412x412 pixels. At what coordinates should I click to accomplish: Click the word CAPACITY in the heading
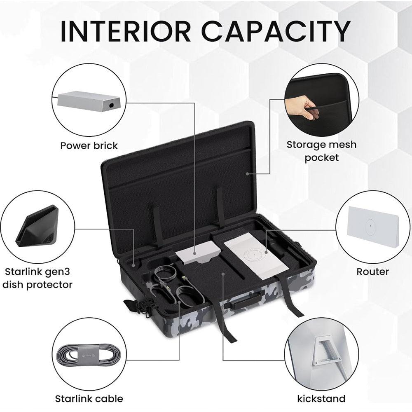pyautogui.click(x=276, y=31)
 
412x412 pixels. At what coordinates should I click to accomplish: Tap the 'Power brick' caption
pyautogui.click(x=89, y=145)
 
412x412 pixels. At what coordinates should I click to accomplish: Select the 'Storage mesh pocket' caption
pyautogui.click(x=321, y=151)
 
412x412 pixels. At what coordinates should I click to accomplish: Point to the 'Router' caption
pyautogui.click(x=372, y=272)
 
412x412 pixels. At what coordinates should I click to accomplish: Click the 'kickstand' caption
pyautogui.click(x=321, y=398)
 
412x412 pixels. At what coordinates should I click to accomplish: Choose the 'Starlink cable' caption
pyautogui.click(x=89, y=399)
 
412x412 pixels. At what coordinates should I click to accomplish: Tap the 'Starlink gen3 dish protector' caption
pyautogui.click(x=37, y=278)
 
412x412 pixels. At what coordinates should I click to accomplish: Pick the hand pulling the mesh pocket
pyautogui.click(x=302, y=107)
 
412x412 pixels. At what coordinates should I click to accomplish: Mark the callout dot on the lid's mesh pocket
pyautogui.click(x=248, y=174)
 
